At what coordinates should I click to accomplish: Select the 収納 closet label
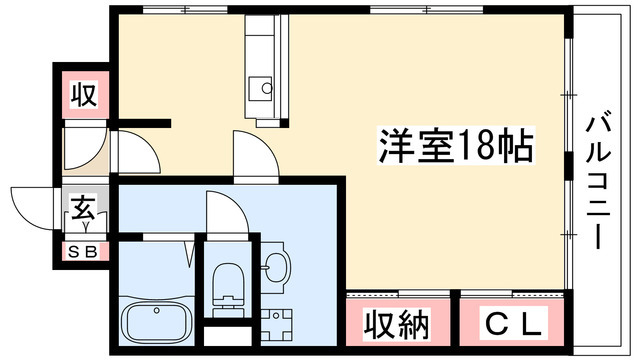pos(395,324)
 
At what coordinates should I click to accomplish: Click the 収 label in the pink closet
pos(83,97)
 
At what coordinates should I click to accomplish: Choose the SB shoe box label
pos(82,251)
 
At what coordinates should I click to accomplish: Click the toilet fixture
pos(228,281)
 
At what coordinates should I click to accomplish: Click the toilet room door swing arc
pos(224,210)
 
